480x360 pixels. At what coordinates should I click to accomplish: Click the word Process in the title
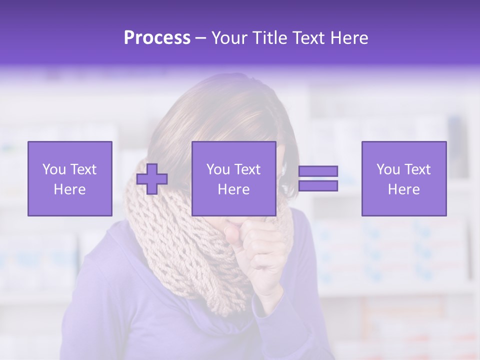tap(157, 38)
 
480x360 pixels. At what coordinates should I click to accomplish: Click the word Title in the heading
tap(268, 38)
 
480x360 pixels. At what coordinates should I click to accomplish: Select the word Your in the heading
tap(230, 38)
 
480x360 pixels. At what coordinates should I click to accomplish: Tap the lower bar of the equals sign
tap(318, 186)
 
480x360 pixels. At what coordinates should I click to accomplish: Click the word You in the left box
tap(53, 169)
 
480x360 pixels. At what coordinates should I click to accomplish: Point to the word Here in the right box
tap(403, 189)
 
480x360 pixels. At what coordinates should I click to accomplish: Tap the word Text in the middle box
tap(247, 169)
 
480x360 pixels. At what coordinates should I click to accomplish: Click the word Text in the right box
tap(417, 169)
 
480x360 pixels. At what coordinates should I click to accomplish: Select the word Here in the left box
tap(69, 189)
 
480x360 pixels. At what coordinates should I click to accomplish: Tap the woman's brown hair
tap(225, 115)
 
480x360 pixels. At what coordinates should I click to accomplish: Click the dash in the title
tap(200, 38)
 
